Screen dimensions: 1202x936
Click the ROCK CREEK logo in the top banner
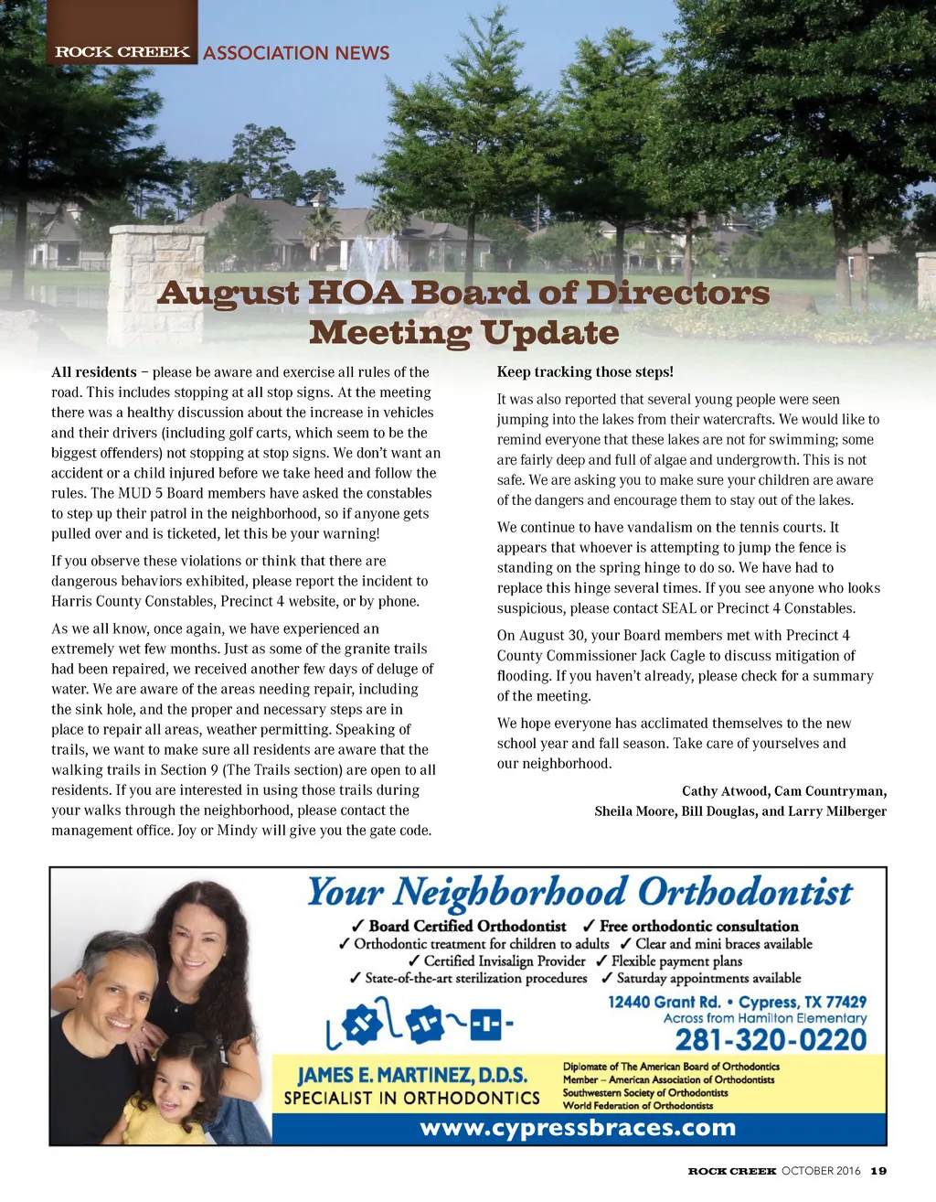pyautogui.click(x=122, y=51)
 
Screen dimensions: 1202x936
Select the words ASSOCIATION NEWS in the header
pyautogui.click(x=296, y=53)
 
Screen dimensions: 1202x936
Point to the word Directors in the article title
pyautogui.click(x=677, y=293)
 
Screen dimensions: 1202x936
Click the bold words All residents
pyautogui.click(x=94, y=372)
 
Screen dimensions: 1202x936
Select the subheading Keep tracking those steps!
pyautogui.click(x=585, y=372)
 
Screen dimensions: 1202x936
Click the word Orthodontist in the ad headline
pyautogui.click(x=744, y=892)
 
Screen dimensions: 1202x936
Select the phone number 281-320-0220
pyautogui.click(x=771, y=1040)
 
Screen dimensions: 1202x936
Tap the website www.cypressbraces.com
pyautogui.click(x=578, y=1127)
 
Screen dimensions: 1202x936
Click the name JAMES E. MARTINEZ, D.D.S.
pyautogui.click(x=412, y=1075)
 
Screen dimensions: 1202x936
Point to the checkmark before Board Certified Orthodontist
pyautogui.click(x=358, y=927)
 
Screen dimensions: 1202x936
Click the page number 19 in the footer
pyautogui.click(x=878, y=1171)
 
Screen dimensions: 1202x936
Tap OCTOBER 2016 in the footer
pyautogui.click(x=821, y=1171)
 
